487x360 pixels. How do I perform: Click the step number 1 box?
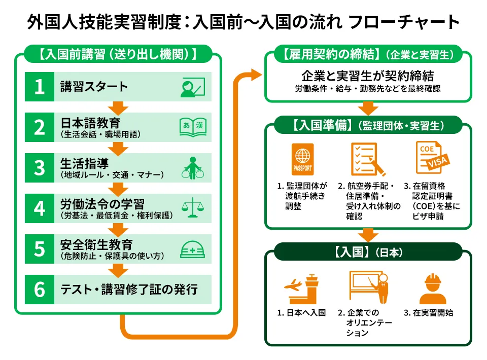coord(40,87)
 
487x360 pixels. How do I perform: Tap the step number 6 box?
coord(40,290)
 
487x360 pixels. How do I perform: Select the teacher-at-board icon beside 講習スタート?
coord(192,87)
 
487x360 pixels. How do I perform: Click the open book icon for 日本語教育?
coord(193,127)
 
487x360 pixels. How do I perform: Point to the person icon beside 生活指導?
coord(192,167)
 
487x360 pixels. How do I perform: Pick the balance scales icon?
coord(192,208)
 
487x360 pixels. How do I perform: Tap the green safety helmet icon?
coord(193,248)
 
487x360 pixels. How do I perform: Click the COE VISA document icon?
coord(431,158)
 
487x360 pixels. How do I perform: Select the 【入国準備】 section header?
coord(369,125)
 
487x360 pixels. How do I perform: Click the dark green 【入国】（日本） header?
coord(369,251)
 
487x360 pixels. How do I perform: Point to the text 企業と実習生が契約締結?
coord(368,76)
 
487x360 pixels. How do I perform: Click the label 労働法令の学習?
coord(102,204)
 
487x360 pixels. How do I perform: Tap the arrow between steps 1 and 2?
coord(118,107)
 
